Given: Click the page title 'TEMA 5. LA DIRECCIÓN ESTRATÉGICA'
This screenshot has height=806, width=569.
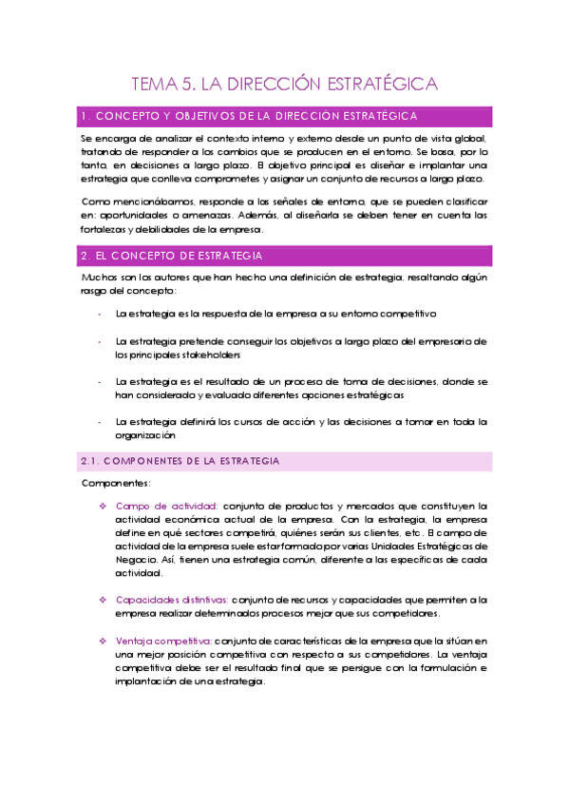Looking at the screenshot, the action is [284, 84].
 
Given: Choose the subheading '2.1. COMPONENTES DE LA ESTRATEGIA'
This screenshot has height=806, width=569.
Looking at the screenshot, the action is [180, 461].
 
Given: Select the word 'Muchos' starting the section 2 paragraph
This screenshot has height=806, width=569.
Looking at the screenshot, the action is [100, 277].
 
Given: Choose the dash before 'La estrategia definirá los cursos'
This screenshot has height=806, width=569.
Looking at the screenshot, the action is [99, 421].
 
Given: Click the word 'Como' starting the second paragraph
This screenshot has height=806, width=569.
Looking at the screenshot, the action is [95, 202].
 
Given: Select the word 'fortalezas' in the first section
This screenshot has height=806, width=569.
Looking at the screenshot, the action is [106, 229].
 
